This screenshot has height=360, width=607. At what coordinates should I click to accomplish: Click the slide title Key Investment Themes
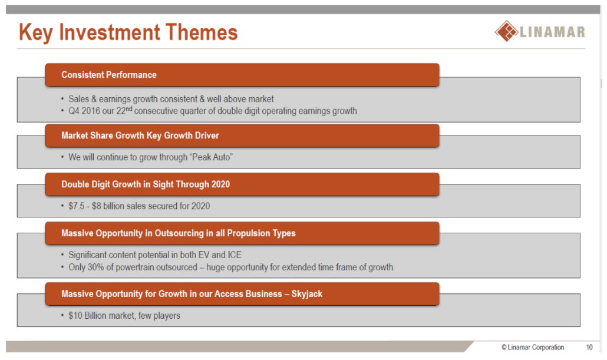pyautogui.click(x=128, y=32)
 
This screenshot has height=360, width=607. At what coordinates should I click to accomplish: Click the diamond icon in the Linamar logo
pyautogui.click(x=506, y=31)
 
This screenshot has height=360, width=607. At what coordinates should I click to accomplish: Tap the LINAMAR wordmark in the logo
pyautogui.click(x=552, y=32)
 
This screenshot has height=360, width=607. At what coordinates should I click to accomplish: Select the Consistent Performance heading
pyautogui.click(x=109, y=75)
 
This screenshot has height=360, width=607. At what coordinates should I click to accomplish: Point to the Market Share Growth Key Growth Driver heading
pyautogui.click(x=140, y=136)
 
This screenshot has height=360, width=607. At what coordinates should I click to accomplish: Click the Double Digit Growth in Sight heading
pyautogui.click(x=146, y=184)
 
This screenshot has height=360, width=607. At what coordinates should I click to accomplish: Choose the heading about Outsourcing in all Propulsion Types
pyautogui.click(x=179, y=233)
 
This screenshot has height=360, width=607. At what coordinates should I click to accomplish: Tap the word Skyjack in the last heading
pyautogui.click(x=306, y=294)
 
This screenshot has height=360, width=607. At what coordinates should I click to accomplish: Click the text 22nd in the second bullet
pyautogui.click(x=124, y=110)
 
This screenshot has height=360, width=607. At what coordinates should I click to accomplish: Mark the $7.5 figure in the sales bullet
pyautogui.click(x=76, y=206)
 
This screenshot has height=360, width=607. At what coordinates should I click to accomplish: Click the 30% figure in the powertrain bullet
pyautogui.click(x=95, y=267)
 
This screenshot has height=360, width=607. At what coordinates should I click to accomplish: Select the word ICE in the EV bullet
pyautogui.click(x=234, y=255)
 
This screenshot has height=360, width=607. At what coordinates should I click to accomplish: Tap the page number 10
pyautogui.click(x=589, y=347)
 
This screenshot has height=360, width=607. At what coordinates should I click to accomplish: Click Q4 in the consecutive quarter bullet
pyautogui.click(x=74, y=111)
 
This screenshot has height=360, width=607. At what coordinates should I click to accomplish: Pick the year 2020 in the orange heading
pyautogui.click(x=220, y=184)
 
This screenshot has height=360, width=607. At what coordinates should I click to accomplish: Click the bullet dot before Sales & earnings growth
pyautogui.click(x=62, y=99)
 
